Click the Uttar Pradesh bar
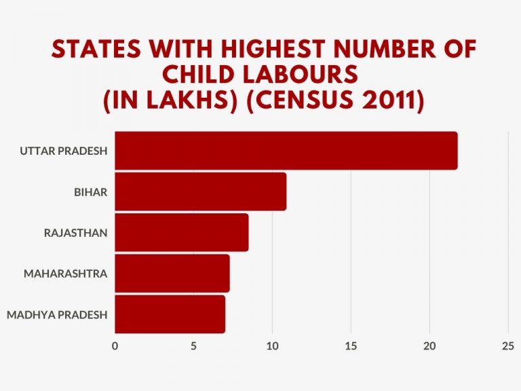[286, 151]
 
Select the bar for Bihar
[200, 191]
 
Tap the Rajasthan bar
[181, 232]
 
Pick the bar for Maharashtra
[172, 274]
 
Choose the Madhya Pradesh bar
[170, 314]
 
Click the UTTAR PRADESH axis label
[64, 151]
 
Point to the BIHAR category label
[90, 191]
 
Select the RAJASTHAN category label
[75, 233]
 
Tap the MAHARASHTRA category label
[65, 274]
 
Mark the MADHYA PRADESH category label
[56, 314]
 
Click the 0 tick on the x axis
[115, 346]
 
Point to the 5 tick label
[193, 346]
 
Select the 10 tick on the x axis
[272, 346]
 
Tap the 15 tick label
[351, 346]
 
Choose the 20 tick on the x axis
[429, 346]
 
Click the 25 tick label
[508, 346]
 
